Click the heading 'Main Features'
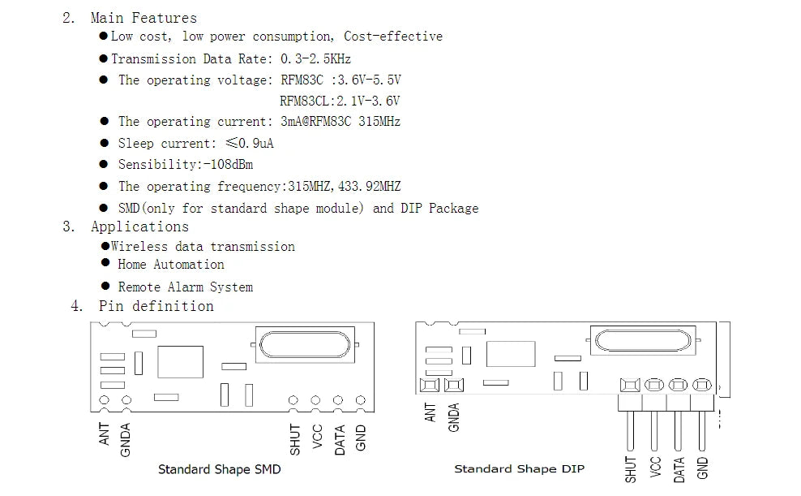(143, 17)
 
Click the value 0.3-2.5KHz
(315, 58)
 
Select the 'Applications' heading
(139, 226)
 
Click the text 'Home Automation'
(170, 265)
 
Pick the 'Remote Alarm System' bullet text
(185, 287)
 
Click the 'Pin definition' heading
(156, 306)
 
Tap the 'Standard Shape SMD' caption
(219, 469)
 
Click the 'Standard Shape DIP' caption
(519, 468)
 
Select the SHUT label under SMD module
(295, 439)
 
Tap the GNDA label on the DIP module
(454, 417)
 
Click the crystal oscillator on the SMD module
(305, 343)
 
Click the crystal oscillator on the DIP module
(645, 340)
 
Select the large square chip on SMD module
(180, 360)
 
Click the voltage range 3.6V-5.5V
(371, 80)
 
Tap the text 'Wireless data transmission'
(203, 246)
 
